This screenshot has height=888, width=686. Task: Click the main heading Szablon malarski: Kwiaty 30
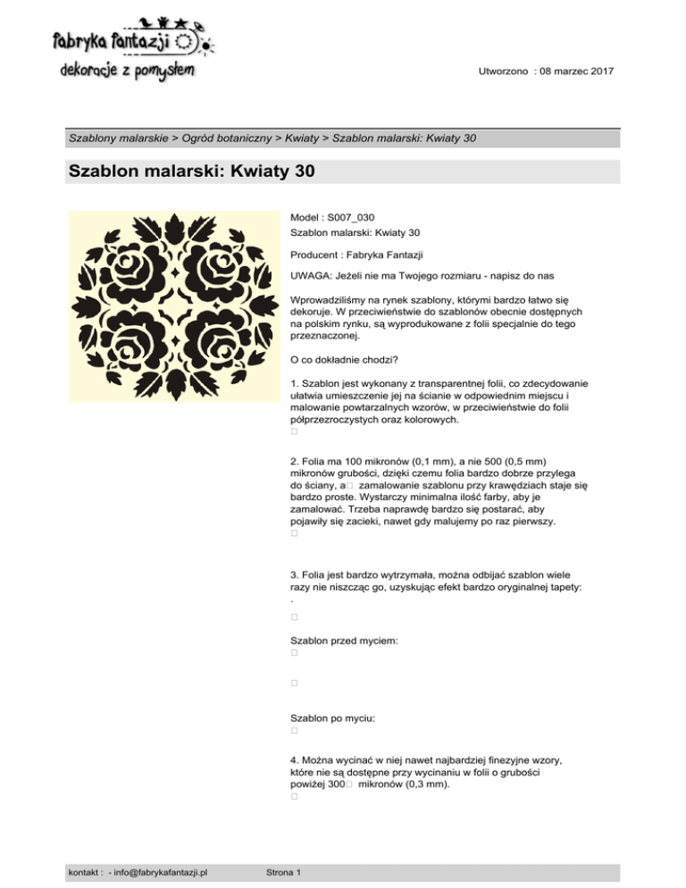(190, 172)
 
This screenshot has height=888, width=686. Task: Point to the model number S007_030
(352, 217)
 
